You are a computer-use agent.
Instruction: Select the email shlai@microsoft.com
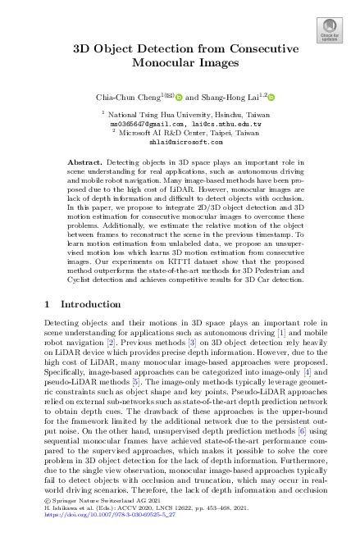click(x=179, y=140)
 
